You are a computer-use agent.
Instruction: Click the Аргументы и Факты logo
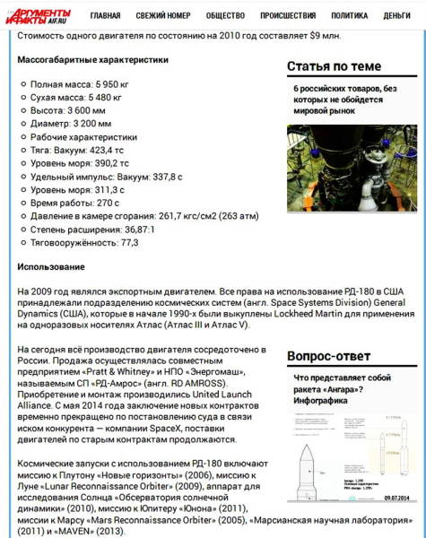click(39, 14)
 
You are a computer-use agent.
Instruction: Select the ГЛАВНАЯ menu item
click(105, 16)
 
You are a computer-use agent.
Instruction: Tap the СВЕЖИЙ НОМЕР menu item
click(162, 16)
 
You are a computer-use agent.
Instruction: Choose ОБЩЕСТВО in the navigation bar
click(224, 16)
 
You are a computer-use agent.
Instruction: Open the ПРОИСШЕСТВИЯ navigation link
click(287, 16)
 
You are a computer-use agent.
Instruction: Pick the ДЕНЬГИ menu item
click(397, 16)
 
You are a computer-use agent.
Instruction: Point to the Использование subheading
click(51, 267)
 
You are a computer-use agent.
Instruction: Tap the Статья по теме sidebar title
click(334, 66)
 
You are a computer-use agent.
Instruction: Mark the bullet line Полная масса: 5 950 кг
click(80, 83)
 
